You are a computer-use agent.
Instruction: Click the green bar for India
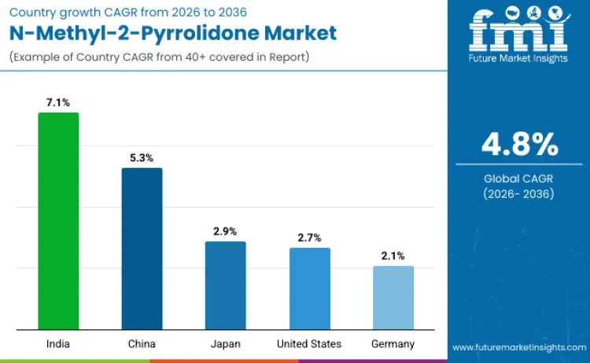coord(58,220)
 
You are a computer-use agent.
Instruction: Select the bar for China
coord(142,248)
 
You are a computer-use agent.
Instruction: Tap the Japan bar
coord(225,285)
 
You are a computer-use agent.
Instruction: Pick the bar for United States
coord(309,288)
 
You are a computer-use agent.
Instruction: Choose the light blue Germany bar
coord(393,298)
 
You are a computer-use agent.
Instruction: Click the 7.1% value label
coord(58,102)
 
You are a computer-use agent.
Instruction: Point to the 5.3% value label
coord(142,157)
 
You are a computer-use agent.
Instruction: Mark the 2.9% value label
coord(225,231)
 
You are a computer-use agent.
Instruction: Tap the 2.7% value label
coord(309,237)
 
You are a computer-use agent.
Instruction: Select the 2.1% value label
coord(393,255)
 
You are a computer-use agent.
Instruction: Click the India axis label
coord(58,344)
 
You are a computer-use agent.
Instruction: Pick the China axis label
coord(142,344)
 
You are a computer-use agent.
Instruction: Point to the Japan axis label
coord(225,344)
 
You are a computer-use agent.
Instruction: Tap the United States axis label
coord(309,344)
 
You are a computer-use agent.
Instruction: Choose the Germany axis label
coord(393,344)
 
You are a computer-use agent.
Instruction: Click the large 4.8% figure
coord(519,145)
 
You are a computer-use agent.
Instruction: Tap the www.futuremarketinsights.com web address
coord(519,346)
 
